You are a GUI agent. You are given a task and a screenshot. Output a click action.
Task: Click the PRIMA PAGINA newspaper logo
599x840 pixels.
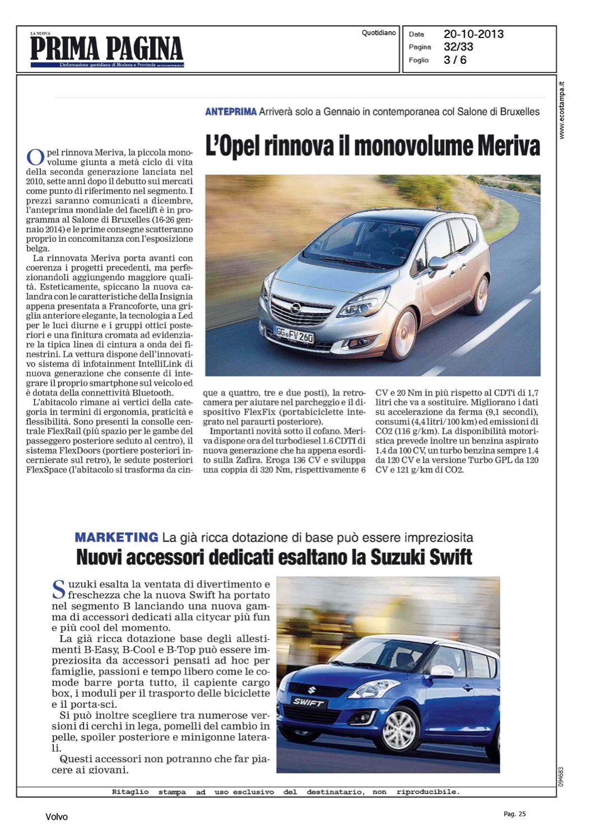pos(106,49)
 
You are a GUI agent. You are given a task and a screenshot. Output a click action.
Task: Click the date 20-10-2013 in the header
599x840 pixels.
pos(473,34)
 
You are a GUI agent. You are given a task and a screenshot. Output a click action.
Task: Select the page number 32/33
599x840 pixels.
pos(458,47)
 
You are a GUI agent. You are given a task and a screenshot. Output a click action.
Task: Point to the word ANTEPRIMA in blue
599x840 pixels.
pos(231,112)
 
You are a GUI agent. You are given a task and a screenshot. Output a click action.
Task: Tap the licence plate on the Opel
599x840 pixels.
pos(294,334)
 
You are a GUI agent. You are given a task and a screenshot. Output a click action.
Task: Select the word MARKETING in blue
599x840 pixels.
pos(117,538)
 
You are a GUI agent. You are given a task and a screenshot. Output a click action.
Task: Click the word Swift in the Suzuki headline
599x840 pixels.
pos(452,558)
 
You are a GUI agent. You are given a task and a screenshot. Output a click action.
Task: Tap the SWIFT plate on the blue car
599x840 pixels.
pos(308,702)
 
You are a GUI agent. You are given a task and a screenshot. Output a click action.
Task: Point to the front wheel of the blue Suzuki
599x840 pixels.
pos(399,728)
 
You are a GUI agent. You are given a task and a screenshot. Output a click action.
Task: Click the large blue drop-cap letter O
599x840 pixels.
pos(35,157)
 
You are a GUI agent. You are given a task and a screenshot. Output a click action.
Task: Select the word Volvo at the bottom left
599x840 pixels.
pos(57,817)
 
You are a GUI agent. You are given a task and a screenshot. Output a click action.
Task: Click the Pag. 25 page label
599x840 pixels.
pos(514,814)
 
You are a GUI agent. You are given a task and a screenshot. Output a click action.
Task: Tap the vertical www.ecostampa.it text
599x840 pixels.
pos(562,110)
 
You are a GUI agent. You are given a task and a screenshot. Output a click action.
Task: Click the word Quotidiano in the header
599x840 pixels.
pos(379,33)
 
